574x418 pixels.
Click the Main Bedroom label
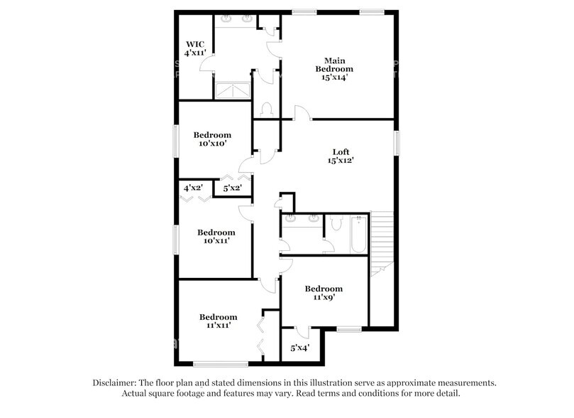coord(334,69)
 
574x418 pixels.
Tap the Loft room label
coord(341,156)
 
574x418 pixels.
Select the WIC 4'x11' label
coord(194,48)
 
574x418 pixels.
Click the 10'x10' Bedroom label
coord(213,139)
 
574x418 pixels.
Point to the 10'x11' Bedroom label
coord(216,237)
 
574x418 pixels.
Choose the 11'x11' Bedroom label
coord(218,321)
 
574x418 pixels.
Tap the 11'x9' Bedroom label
coord(324,293)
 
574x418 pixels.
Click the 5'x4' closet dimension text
coord(300,348)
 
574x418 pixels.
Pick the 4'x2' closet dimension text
coord(194,188)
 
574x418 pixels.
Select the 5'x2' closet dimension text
coord(233,188)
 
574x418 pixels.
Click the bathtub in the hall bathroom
coord(357,234)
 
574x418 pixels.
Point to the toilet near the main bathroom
coord(267,109)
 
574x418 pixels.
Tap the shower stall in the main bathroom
coord(233,91)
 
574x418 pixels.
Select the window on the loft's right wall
coord(397,142)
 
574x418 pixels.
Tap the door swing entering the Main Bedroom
coord(301,112)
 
